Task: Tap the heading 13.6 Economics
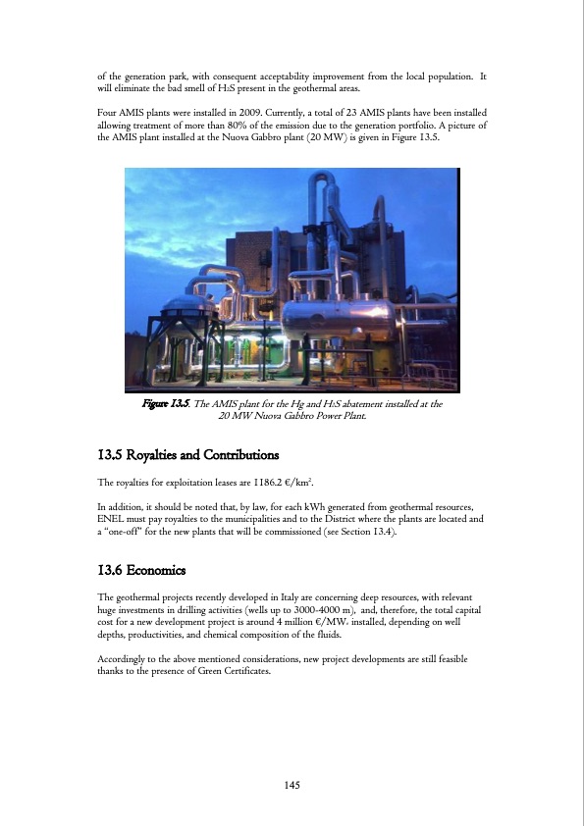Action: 140,570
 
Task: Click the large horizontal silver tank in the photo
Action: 339,319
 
